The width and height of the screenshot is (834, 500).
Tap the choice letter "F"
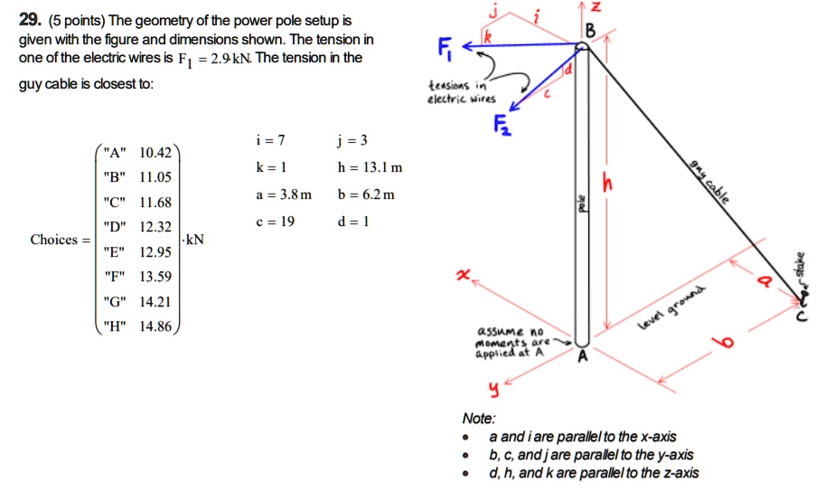coord(115,276)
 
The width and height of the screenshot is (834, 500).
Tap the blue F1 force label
coord(442,46)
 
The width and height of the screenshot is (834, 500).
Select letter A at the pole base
coord(584,355)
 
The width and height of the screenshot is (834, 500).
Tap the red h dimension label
coord(618,184)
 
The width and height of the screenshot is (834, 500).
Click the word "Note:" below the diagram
coord(477,420)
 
